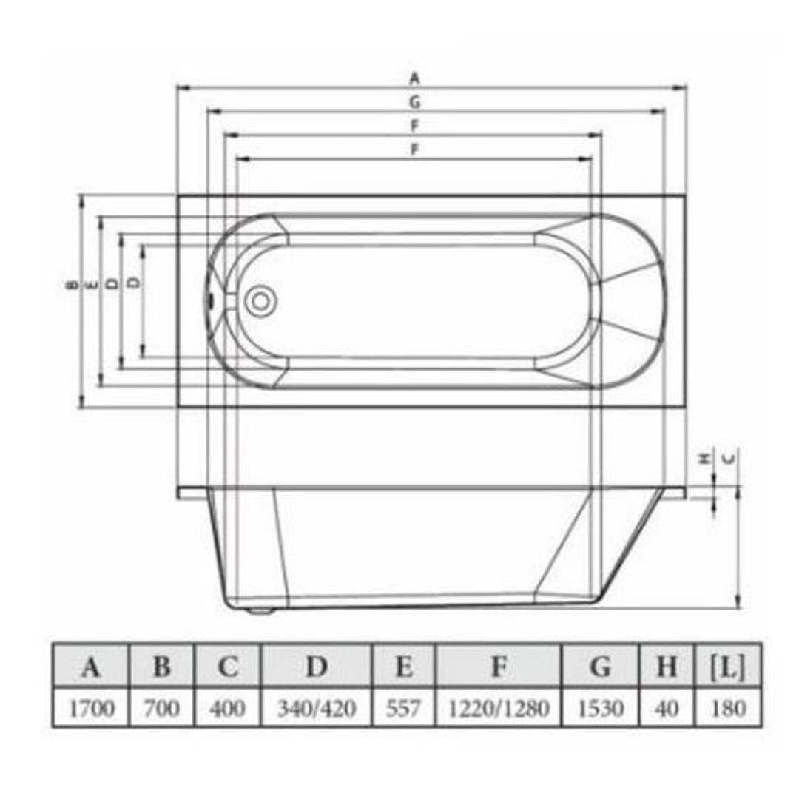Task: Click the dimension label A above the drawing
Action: [415, 77]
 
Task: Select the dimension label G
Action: [415, 101]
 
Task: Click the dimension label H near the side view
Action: [706, 458]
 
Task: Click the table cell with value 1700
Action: [92, 708]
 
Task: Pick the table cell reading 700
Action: [161, 708]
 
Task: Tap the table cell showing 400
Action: [228, 708]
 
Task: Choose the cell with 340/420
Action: [317, 708]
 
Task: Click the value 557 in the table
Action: [404, 708]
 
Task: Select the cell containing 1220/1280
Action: [499, 708]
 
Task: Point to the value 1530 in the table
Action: [600, 708]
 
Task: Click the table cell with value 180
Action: [728, 708]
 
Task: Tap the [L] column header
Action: [728, 667]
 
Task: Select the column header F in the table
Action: [499, 667]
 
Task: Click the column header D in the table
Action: [317, 667]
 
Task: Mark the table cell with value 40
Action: [667, 708]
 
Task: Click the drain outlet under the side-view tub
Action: [259, 610]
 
